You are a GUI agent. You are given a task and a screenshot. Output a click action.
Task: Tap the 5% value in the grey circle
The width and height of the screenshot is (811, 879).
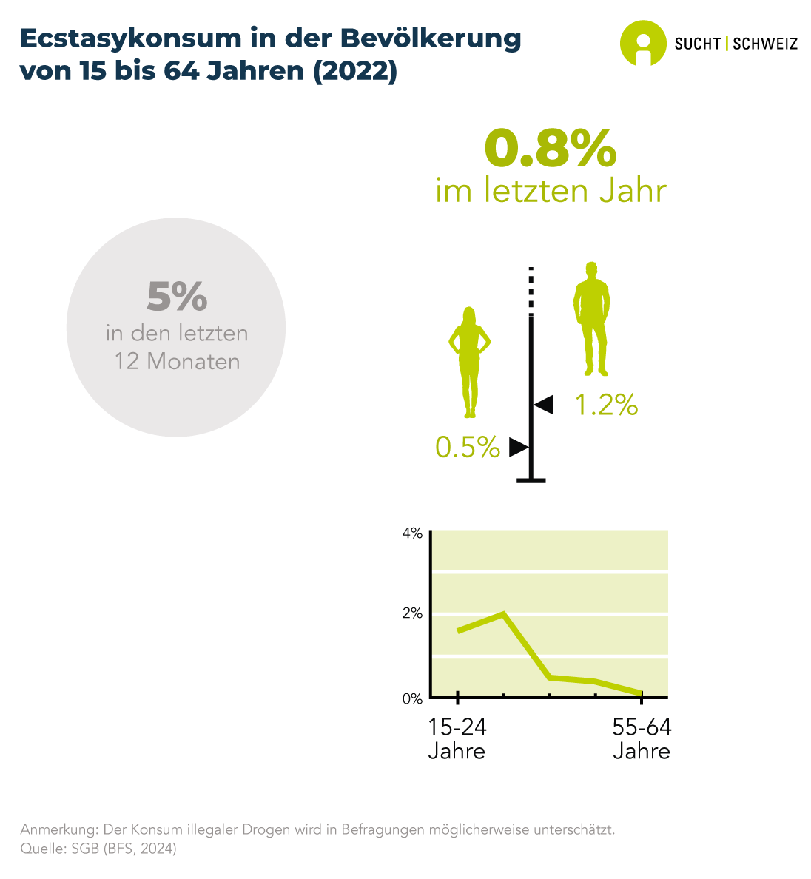[177, 296]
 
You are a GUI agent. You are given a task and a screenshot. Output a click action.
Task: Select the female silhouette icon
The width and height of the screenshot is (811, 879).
[469, 361]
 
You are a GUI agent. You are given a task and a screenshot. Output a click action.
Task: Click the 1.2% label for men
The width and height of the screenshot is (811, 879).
[606, 405]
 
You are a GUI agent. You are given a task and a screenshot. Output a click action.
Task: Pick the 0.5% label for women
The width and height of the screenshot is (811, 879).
[468, 447]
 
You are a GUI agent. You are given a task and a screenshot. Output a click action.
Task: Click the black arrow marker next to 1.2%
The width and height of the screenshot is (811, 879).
[544, 404]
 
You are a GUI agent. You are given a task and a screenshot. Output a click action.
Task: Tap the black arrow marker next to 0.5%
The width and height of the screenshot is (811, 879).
[518, 448]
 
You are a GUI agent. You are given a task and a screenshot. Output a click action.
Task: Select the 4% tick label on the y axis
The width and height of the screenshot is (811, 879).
[412, 533]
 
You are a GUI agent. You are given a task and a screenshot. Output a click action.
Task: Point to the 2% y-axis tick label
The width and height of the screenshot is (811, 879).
[412, 613]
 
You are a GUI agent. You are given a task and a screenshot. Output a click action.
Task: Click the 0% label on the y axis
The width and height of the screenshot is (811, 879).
[412, 698]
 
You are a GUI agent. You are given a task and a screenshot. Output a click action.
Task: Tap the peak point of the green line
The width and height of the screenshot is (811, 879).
[503, 613]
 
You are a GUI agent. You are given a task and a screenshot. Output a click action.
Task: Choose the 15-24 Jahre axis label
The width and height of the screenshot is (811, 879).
[457, 739]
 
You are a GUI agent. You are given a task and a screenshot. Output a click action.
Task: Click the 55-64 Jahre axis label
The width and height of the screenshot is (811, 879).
[642, 739]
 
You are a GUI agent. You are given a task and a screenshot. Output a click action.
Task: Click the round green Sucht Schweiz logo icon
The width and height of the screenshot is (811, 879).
[642, 43]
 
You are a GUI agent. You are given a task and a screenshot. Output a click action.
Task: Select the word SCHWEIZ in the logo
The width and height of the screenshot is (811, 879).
[765, 44]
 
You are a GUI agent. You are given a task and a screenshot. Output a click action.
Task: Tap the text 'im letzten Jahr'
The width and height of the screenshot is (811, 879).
[551, 191]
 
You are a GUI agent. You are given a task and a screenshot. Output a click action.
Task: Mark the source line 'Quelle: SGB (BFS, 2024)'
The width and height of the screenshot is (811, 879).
[98, 849]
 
